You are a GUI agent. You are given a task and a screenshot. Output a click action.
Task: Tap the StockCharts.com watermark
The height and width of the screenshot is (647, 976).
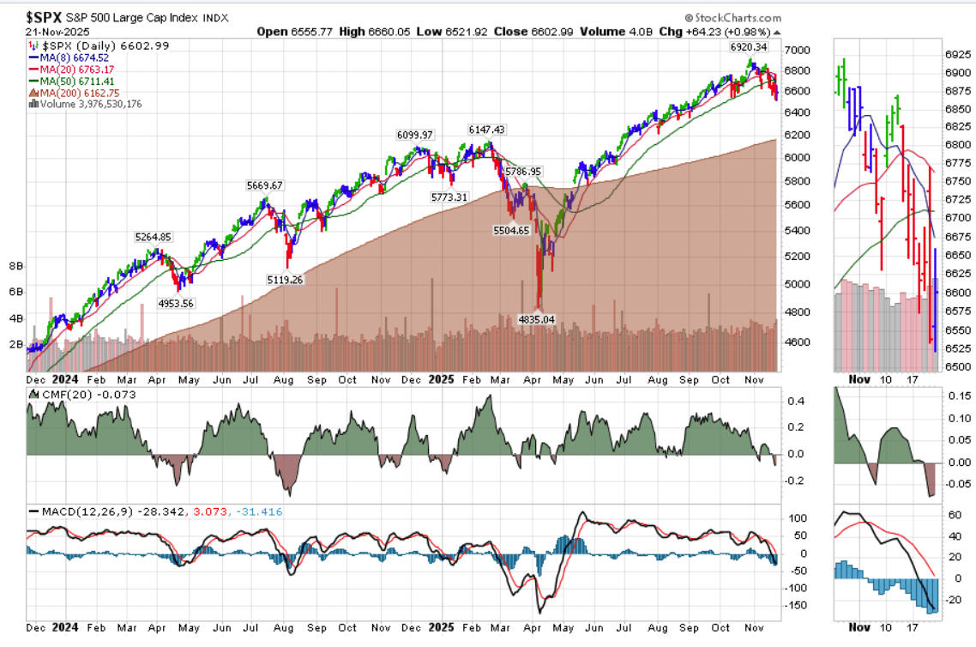pyautogui.click(x=733, y=17)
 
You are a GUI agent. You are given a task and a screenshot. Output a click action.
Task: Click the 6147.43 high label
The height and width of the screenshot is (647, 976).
pyautogui.click(x=486, y=130)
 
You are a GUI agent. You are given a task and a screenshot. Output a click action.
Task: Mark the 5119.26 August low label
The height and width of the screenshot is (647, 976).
pyautogui.click(x=286, y=279)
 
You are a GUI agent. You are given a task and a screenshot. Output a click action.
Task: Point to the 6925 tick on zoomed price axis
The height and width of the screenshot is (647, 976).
pyautogui.click(x=955, y=54)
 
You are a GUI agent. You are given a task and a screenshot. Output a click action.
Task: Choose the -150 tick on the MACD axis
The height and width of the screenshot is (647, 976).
pyautogui.click(x=796, y=605)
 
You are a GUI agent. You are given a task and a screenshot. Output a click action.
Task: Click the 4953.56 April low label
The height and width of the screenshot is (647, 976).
pyautogui.click(x=184, y=302)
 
